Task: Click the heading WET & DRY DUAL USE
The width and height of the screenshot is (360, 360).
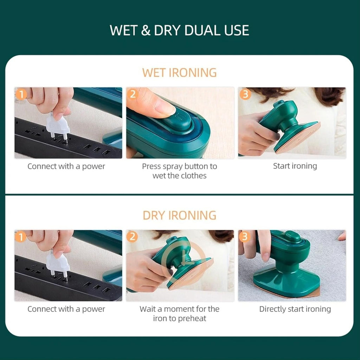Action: (x=179, y=31)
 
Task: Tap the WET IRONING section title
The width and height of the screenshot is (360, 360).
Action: (x=179, y=73)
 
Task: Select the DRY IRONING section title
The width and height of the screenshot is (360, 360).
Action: (x=179, y=215)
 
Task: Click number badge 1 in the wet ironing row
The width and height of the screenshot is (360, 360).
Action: (x=21, y=94)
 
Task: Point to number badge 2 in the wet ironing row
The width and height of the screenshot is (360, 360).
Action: (x=133, y=94)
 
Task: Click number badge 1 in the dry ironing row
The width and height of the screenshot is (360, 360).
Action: (x=21, y=237)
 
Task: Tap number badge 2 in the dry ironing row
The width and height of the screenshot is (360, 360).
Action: (x=133, y=237)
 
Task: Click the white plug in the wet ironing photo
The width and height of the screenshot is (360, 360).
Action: (x=58, y=127)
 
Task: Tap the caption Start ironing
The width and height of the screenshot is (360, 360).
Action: (x=295, y=166)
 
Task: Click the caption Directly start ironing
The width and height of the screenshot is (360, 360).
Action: (x=295, y=309)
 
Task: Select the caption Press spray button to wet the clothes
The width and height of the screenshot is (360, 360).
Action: (x=179, y=171)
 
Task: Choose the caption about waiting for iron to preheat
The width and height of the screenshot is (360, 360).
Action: (x=179, y=314)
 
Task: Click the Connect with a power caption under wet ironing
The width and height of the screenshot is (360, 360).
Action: (x=66, y=166)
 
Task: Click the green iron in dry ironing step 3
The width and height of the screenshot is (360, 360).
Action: (x=287, y=267)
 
